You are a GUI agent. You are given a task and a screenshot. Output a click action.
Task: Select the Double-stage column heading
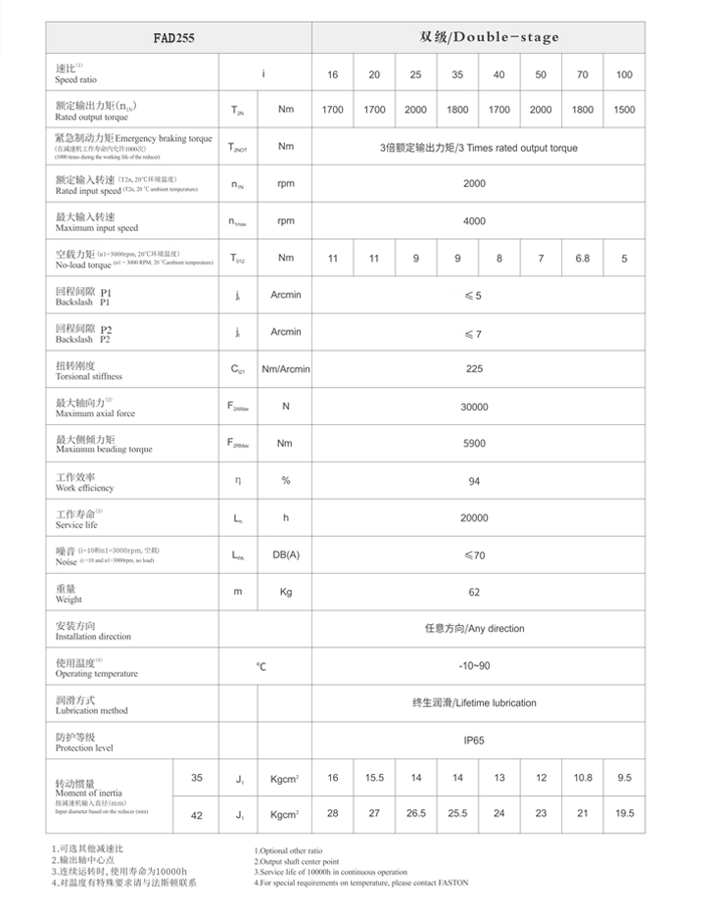pos(489,37)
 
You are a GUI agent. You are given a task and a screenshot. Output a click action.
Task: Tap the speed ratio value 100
pos(624,75)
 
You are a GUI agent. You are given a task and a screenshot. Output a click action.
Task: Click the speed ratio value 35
pos(457,75)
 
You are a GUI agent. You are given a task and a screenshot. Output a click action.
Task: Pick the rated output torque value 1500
pos(624,110)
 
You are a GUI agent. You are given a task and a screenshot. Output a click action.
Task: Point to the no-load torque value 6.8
pos(583,259)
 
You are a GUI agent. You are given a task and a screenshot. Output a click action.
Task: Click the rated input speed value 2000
pos(474,183)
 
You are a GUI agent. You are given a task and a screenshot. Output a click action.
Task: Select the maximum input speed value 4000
pos(474,220)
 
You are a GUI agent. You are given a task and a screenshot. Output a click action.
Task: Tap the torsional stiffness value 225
pos(474,369)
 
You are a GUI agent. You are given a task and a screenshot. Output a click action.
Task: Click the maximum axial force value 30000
pos(474,407)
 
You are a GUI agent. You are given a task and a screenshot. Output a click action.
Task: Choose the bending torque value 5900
pos(474,444)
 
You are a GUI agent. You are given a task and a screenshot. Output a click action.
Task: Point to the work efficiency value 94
pos(474,481)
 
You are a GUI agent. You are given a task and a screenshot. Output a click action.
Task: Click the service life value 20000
pos(474,518)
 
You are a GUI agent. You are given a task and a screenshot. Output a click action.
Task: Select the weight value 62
pos(474,593)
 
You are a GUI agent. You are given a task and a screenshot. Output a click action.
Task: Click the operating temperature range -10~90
pos(474,666)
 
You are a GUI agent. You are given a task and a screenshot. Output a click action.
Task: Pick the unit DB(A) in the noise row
pos(286,555)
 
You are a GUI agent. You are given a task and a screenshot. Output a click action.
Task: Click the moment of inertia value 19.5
pos(624,813)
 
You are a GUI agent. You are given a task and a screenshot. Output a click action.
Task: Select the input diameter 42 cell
pos(197,813)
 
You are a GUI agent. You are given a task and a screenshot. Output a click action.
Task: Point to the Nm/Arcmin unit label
pos(286,369)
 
